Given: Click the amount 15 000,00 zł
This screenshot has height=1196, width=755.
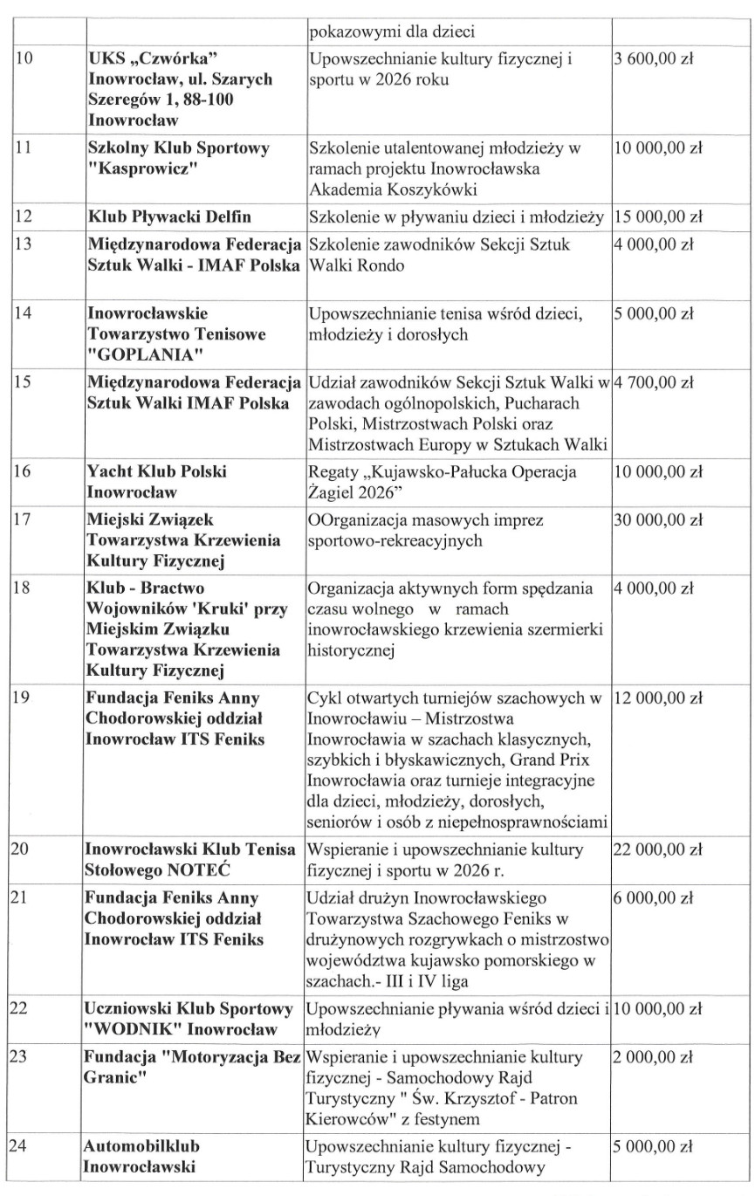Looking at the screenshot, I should [659, 215].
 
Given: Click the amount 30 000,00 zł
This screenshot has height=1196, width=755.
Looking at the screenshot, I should [659, 521].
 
